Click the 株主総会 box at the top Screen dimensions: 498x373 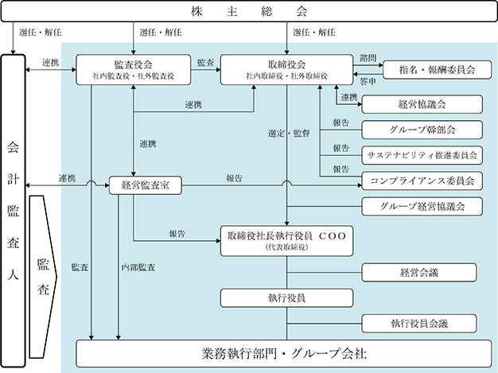(249, 11)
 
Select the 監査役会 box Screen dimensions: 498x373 (134, 69)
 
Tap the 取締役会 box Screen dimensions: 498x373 (287, 69)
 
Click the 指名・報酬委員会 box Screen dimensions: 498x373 (437, 70)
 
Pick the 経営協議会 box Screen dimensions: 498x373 (422, 104)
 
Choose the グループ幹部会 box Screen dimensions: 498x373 (422, 130)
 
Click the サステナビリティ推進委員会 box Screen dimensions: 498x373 (422, 155)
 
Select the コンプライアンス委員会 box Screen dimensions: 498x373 (422, 181)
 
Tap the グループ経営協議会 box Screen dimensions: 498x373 (422, 206)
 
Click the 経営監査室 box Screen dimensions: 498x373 (146, 185)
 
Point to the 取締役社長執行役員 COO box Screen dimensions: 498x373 (287, 241)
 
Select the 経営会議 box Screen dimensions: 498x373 (419, 272)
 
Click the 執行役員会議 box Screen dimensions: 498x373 (419, 324)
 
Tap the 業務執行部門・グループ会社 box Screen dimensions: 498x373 (284, 354)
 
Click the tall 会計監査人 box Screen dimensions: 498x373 (13, 211)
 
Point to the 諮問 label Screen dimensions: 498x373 (368, 58)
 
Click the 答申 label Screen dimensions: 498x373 (368, 82)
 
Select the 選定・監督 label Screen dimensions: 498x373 (289, 134)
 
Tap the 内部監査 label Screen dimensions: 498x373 (138, 267)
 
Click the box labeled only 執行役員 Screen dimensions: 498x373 (287, 298)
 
